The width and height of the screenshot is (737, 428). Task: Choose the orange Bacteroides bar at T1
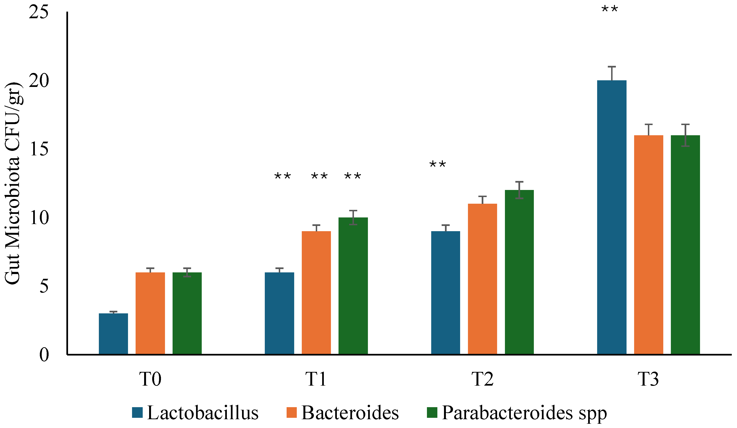pos(316,293)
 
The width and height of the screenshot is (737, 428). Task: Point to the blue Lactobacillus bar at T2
pos(445,293)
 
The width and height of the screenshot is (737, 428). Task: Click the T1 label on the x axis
pos(316,379)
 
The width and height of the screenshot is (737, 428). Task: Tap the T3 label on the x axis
pos(648,379)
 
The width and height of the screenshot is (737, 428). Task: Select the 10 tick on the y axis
pos(39,218)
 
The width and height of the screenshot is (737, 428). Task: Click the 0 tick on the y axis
pos(44,355)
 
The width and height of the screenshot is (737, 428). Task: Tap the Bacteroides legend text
pos(350,413)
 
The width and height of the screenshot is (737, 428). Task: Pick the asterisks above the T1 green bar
pos(352,176)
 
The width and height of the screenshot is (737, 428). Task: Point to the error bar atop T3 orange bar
pos(648,130)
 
